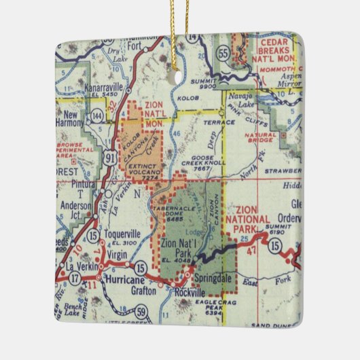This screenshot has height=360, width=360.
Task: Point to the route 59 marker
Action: point(141,312)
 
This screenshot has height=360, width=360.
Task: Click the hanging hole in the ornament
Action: point(179,75)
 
